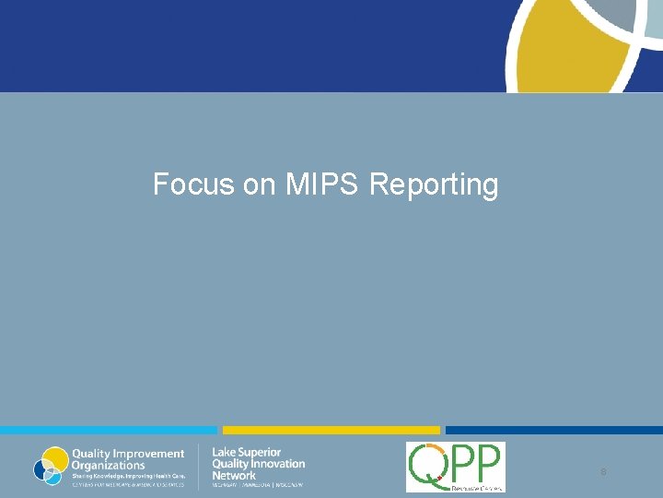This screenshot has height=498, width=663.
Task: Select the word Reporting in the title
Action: (434, 185)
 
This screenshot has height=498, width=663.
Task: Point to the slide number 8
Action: (603, 472)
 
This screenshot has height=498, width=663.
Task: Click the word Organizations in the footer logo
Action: (108, 465)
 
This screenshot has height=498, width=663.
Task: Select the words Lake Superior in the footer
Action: (247, 453)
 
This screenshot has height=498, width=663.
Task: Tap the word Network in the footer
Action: (234, 476)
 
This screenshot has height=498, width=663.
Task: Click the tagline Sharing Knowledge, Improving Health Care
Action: (128, 475)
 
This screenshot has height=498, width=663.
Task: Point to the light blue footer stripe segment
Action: (109, 430)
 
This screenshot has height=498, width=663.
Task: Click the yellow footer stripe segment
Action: (331, 430)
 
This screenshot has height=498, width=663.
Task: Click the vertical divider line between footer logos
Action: (199, 467)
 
